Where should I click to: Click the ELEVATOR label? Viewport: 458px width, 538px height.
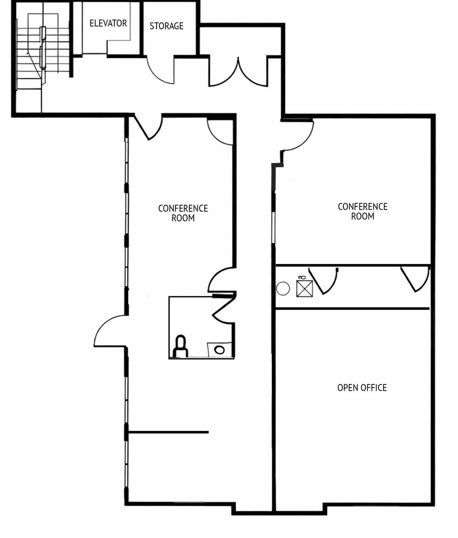click(x=108, y=23)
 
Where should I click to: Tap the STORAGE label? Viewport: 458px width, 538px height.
click(x=166, y=26)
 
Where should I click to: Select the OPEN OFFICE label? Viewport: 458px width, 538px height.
click(x=362, y=388)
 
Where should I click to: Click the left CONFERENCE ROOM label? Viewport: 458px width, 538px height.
click(x=183, y=213)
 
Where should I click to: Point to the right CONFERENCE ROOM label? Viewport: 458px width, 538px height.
click(x=362, y=211)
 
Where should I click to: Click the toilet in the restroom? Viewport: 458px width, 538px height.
click(x=180, y=347)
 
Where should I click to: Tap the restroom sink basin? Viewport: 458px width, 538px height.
click(x=220, y=350)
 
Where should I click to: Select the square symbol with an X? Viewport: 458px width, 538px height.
click(x=305, y=288)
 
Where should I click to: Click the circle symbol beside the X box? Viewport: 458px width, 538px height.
click(x=283, y=289)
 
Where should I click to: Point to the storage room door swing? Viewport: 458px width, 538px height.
click(x=161, y=71)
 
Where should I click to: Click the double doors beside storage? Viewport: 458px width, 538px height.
click(x=238, y=73)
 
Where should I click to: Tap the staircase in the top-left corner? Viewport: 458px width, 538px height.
click(x=42, y=51)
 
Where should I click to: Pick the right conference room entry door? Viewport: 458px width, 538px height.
click(x=298, y=135)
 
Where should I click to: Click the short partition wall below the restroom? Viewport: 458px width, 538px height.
click(x=168, y=432)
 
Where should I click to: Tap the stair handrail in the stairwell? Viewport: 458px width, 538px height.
click(x=43, y=47)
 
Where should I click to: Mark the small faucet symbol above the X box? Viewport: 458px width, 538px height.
click(x=301, y=277)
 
